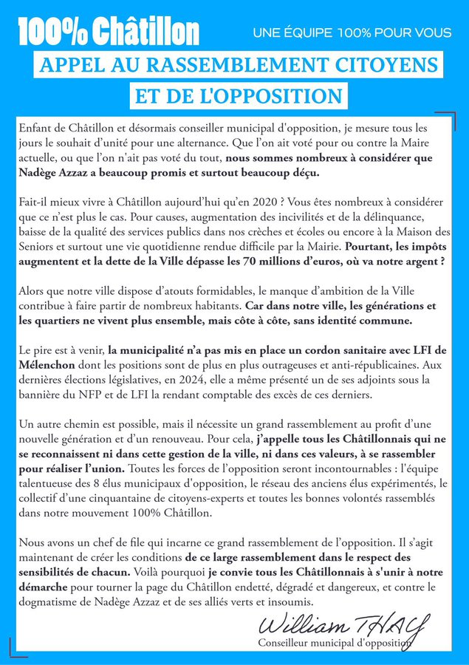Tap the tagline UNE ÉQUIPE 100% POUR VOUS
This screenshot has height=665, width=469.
[352, 33]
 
